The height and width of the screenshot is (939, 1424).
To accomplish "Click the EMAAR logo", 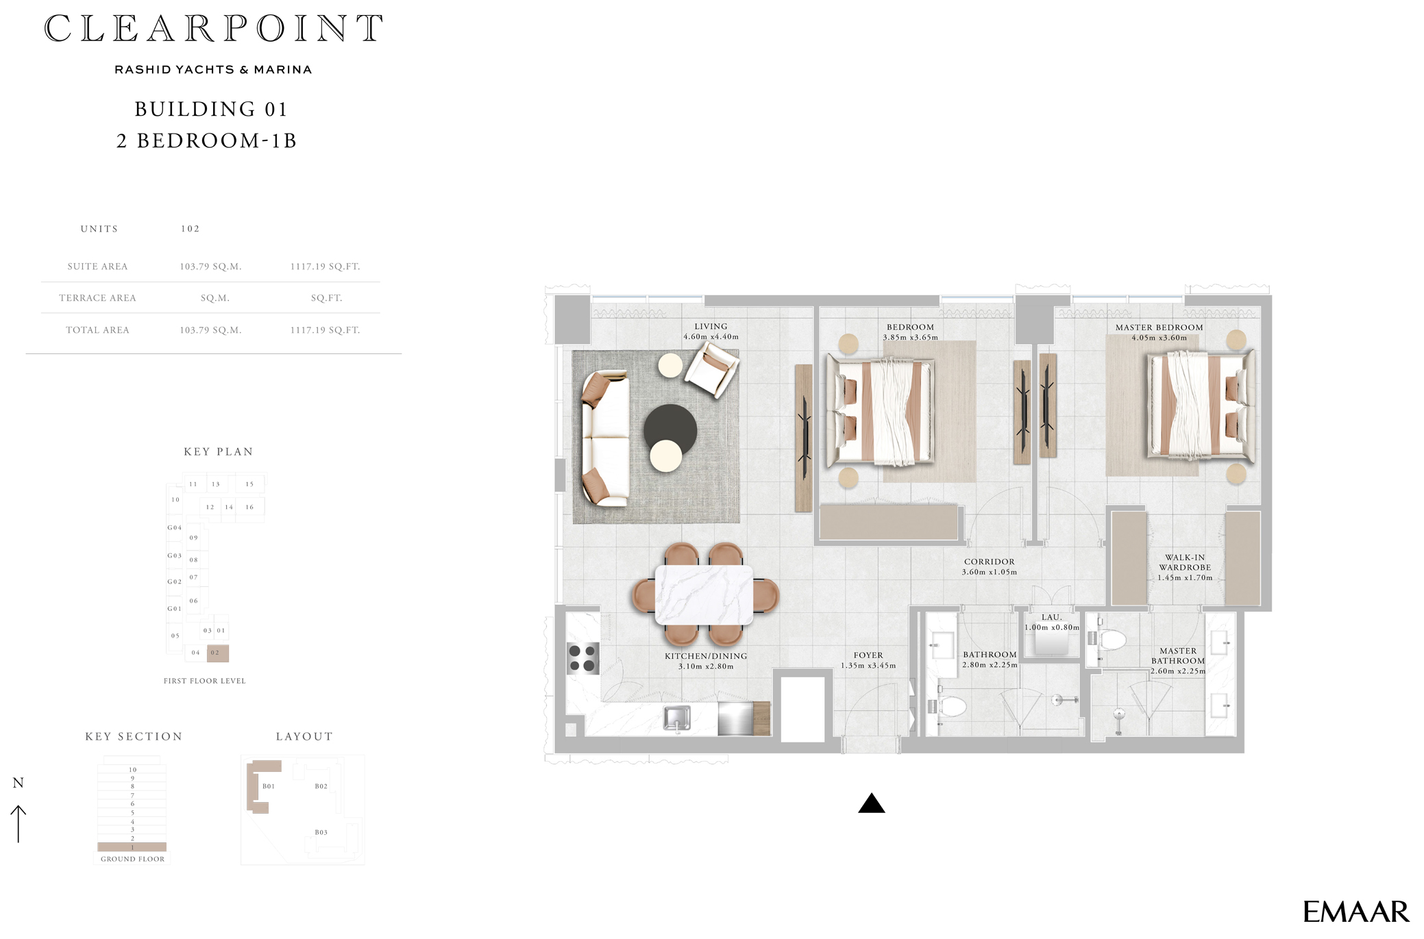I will [1355, 912].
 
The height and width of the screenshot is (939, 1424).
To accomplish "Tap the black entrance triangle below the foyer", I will [871, 804].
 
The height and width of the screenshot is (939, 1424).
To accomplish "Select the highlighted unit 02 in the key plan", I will [217, 653].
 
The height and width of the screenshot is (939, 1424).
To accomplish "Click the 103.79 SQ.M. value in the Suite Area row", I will [210, 266].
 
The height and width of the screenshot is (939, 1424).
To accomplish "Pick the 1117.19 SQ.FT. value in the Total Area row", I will [325, 330].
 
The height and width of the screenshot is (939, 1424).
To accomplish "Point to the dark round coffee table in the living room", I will [670, 428].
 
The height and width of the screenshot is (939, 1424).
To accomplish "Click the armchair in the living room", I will [712, 369].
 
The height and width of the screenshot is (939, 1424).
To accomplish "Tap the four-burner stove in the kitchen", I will [582, 658].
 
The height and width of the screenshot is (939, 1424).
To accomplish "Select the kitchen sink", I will [676, 718].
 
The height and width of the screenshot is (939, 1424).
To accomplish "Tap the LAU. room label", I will [1051, 617].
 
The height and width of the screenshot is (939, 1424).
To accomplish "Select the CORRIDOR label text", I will [989, 562].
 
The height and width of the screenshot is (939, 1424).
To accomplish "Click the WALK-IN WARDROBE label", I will [1185, 562].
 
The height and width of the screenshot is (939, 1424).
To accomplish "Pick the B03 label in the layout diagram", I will [321, 832].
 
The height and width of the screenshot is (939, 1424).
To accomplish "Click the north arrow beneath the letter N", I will [19, 823].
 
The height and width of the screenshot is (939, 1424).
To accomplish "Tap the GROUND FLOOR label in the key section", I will [132, 859].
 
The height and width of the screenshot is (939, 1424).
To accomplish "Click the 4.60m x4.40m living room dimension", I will [711, 337].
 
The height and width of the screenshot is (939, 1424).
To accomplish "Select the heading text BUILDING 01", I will [211, 110].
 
